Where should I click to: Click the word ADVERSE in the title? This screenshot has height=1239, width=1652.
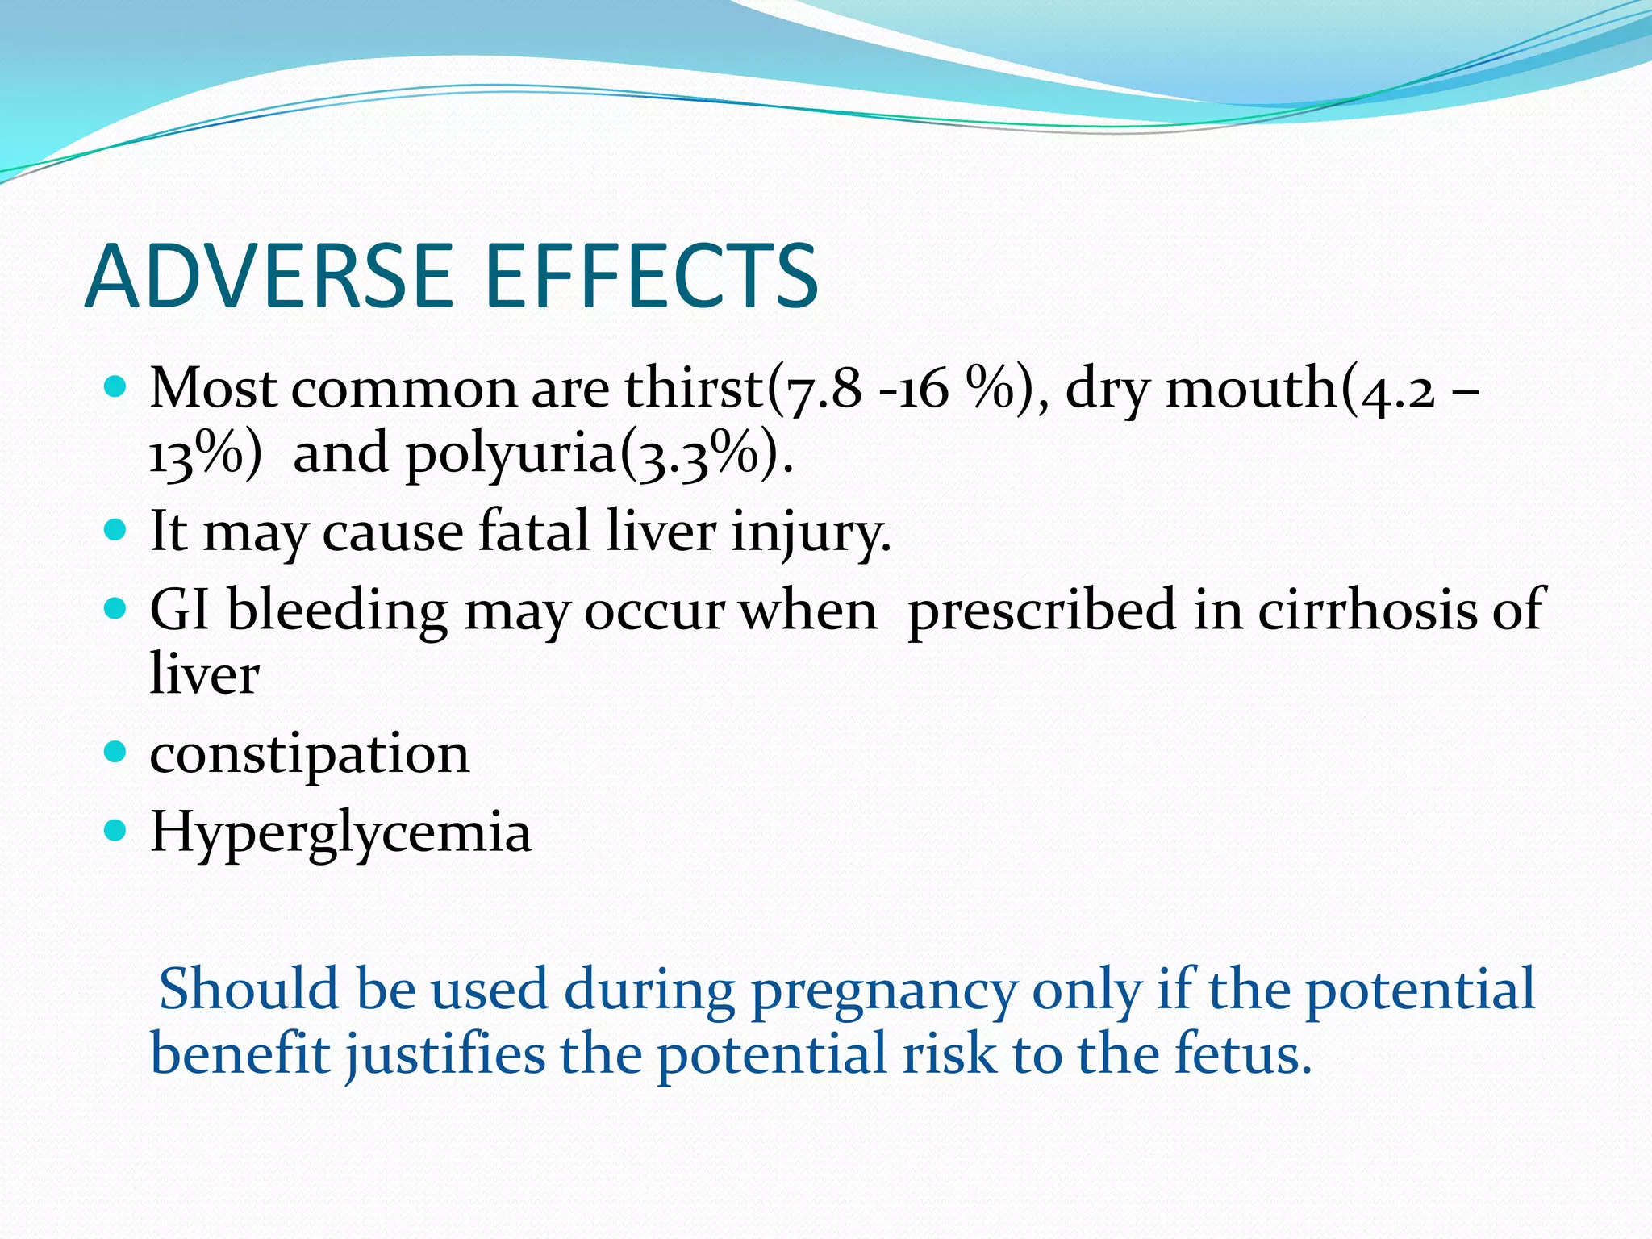269,277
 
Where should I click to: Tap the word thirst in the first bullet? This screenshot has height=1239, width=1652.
694,388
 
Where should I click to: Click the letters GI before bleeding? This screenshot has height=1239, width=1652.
179,609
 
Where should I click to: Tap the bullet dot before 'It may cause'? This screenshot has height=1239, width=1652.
116,530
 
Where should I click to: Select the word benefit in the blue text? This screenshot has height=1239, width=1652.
240,1054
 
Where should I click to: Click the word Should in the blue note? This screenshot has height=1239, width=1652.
248,989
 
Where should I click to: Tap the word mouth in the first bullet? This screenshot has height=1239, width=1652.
1251,388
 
